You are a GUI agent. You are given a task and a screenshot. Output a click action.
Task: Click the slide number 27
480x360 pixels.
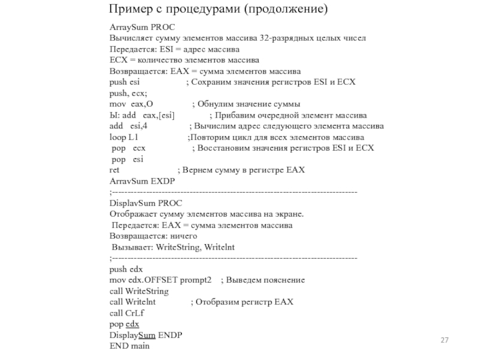point(445,340)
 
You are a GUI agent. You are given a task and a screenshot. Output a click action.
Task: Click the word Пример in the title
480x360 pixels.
point(130,10)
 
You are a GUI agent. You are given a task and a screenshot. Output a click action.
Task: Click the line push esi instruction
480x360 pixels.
point(125,82)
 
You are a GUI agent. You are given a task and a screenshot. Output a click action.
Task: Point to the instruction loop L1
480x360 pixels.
point(124,137)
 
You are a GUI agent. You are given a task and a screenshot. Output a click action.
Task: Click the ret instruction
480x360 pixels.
point(115,170)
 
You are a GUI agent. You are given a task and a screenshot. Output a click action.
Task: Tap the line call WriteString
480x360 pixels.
point(139,291)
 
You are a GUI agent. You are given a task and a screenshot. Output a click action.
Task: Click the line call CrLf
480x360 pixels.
point(127,313)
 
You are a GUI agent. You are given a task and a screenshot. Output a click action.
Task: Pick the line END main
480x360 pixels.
point(130,346)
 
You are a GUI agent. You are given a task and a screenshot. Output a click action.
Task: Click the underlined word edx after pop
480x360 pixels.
point(132,324)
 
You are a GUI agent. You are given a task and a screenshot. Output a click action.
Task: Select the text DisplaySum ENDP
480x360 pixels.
point(146,335)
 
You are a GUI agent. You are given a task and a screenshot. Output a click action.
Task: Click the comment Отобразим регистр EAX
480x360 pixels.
point(242,302)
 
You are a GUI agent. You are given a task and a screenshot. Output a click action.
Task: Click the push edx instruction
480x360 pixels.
point(126,269)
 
